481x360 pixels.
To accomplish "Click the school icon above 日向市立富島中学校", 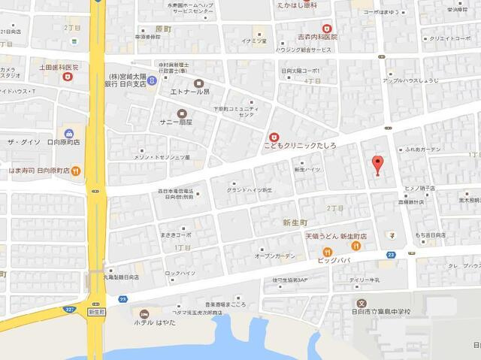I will tap(362, 302).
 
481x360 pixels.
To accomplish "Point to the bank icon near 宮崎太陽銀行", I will tap(153, 79).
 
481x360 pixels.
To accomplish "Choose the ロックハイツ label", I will tap(180, 273).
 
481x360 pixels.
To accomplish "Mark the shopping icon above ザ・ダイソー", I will tap(69, 133).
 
